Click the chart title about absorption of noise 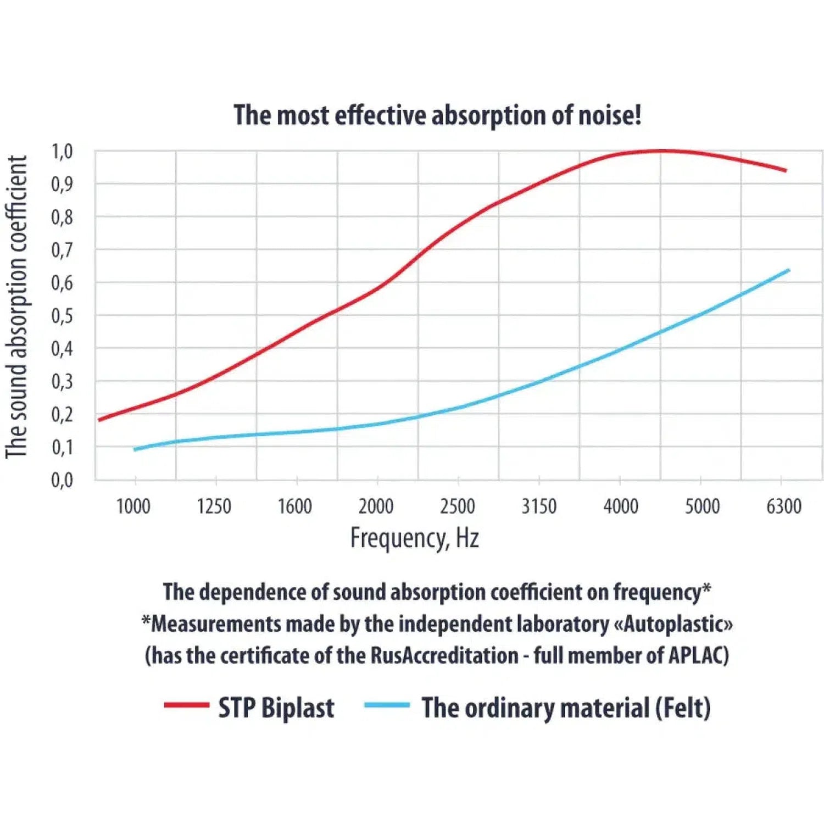tap(437, 115)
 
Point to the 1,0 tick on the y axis tap(62, 151)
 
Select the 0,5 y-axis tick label tap(62, 316)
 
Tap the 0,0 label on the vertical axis tap(62, 480)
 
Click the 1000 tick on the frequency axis tap(133, 506)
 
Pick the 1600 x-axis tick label tap(295, 506)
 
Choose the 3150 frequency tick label tap(539, 506)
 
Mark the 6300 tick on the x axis tap(784, 506)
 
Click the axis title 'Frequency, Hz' tap(415, 538)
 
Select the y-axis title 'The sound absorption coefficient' tap(16, 307)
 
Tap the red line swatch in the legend tap(187, 705)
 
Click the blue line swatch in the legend tap(387, 705)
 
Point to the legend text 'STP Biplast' tap(276, 708)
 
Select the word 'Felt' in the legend tap(683, 708)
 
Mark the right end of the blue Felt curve tap(788, 270)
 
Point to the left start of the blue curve tap(135, 449)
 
